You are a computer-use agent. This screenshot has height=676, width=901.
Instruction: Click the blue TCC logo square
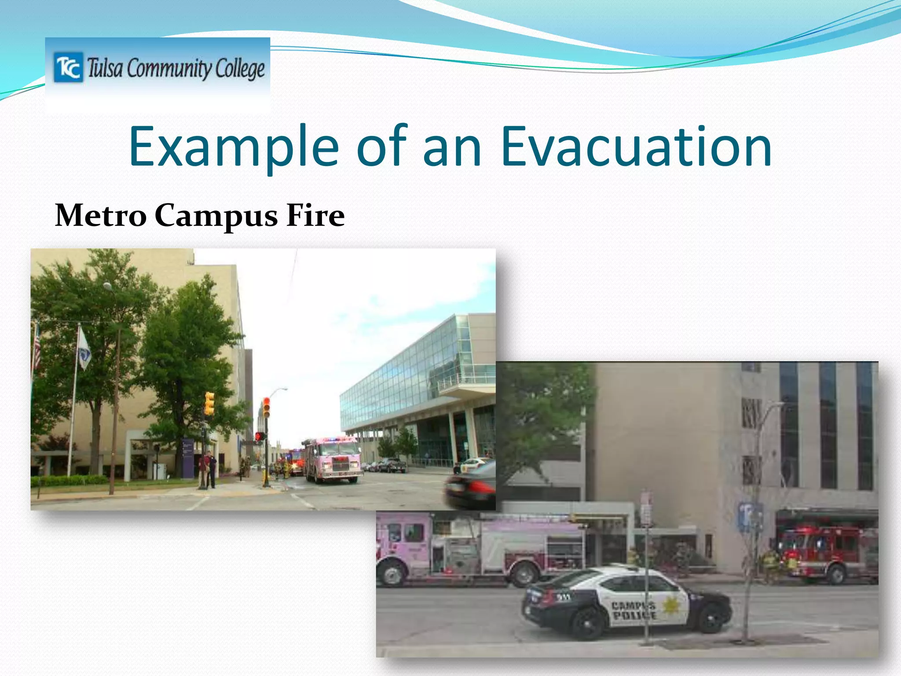click(x=68, y=67)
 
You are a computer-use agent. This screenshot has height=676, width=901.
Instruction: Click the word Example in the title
click(x=234, y=147)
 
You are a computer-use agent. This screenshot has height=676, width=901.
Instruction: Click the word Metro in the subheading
click(x=101, y=216)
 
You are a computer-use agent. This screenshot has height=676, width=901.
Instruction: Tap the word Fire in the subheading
click(x=315, y=216)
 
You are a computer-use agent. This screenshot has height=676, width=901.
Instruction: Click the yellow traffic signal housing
click(x=209, y=404)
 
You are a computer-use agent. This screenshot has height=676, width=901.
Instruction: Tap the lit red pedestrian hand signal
click(x=259, y=436)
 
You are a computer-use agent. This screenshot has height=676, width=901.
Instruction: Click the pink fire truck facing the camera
click(x=333, y=460)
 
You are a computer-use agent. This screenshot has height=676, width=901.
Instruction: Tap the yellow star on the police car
click(x=671, y=606)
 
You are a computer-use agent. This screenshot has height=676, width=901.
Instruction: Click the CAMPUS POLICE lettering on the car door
click(x=634, y=611)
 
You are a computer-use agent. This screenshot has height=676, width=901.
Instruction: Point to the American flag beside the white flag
click(x=37, y=348)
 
